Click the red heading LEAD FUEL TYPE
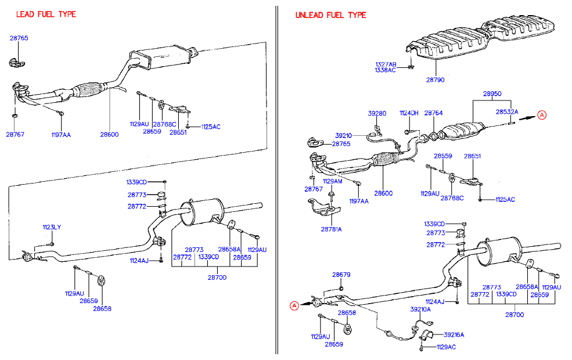pos(46,14)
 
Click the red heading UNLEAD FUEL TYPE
pos(330,15)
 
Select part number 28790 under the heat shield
pos(435,80)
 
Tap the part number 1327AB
pos(385,64)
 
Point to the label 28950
pos(491,93)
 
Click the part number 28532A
pos(506,111)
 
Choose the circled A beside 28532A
pos(541,115)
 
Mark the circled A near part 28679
pos(294,305)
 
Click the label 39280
pos(377,114)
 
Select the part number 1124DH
pos(408,113)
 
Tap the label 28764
pos(433,113)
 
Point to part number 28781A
pos(331,229)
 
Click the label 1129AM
pos(333,181)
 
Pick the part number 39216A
pos(454,334)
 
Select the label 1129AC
pos(446,347)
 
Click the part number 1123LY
pos(51,227)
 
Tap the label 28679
pos(341,275)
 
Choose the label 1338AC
pos(385,70)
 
